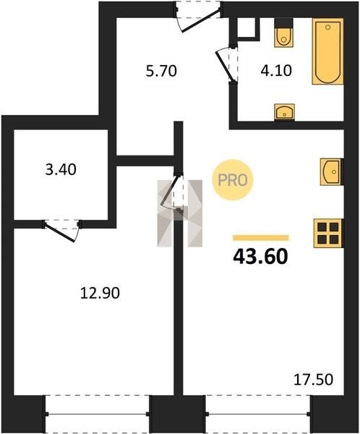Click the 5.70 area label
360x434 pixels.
[x=161, y=71]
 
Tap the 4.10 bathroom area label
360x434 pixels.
[x=276, y=70]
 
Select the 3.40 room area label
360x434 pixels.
[x=61, y=169]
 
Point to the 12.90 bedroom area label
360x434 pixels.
[x=100, y=293]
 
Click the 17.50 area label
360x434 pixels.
[x=313, y=380]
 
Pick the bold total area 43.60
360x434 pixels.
[x=261, y=257]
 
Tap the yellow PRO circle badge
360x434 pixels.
[x=233, y=180]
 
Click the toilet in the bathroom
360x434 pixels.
[x=283, y=33]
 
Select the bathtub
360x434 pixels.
[x=328, y=51]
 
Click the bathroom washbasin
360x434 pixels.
[x=284, y=112]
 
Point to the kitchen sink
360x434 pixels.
[x=332, y=171]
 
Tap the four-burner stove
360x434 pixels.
[x=328, y=233]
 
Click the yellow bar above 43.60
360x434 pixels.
[x=261, y=238]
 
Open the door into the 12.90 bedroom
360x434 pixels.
[x=169, y=192]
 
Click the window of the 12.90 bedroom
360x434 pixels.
[x=98, y=414]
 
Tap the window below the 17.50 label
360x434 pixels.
[x=258, y=414]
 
